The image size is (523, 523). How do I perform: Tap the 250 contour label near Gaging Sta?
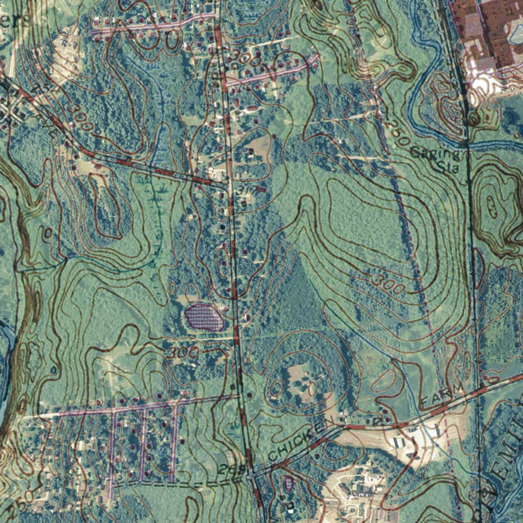pos(397,129)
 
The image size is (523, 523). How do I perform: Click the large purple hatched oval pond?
pos(203,317)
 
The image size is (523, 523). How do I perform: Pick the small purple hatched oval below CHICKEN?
pos(289,482)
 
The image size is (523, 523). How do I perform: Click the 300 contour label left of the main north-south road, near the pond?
pos(183,352)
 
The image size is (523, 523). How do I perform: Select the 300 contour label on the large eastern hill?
pos(388,283)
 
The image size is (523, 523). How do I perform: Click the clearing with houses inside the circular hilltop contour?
pos(299,381)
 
